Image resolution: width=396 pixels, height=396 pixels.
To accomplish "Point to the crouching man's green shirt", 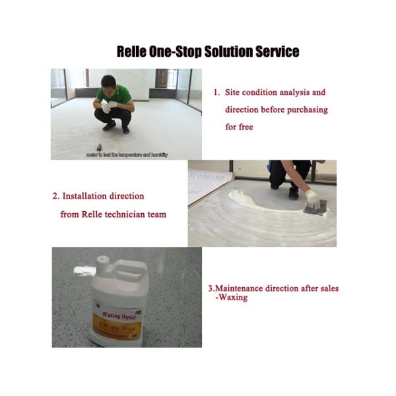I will click(x=114, y=95).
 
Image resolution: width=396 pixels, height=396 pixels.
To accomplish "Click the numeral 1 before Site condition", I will click(x=216, y=92).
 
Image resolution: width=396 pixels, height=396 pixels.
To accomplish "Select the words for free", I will click(x=239, y=127).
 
